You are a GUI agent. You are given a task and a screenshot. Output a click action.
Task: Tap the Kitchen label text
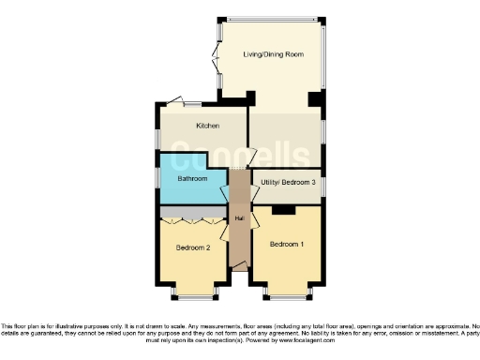click(207, 125)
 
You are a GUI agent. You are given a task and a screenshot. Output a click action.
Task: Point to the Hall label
click(240, 218)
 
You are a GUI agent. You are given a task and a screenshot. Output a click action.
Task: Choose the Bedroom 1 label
click(287, 244)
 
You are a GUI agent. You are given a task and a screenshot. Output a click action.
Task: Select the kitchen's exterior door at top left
click(174, 101)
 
